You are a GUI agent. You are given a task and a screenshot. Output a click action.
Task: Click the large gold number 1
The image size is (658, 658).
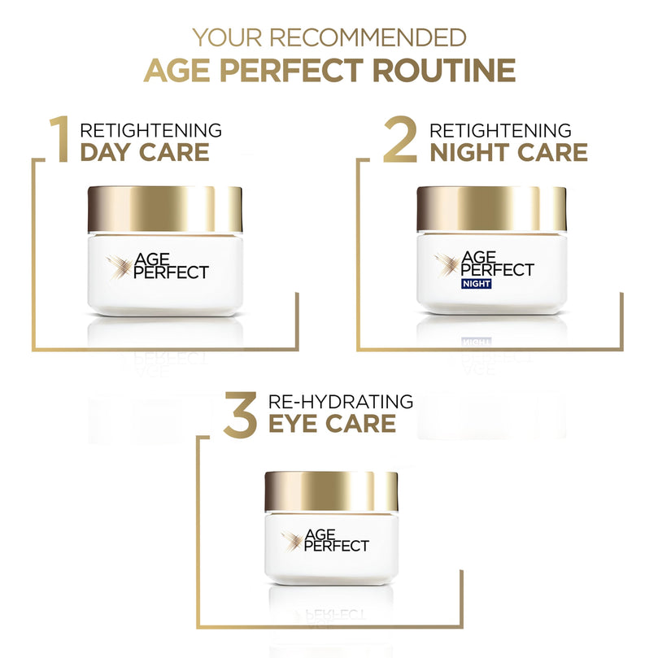[x=59, y=140]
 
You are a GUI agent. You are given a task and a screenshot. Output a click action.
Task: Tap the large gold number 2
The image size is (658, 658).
[x=401, y=140]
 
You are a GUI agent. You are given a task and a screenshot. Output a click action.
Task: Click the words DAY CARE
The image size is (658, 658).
[x=144, y=152]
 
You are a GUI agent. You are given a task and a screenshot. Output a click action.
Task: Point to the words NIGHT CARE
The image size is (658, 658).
[x=508, y=152]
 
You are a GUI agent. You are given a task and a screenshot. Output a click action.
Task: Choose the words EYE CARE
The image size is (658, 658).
[x=332, y=423]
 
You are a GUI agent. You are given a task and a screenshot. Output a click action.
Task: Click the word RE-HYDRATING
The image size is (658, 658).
[x=340, y=401]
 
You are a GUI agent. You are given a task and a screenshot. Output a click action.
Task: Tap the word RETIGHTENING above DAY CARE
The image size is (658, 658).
[x=150, y=130]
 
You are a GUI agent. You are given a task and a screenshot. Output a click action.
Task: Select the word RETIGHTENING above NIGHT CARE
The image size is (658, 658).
[x=500, y=130]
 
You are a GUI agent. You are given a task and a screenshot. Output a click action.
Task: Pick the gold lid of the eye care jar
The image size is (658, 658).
[x=331, y=490]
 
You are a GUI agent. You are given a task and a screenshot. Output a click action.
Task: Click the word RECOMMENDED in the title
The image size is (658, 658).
[x=368, y=37]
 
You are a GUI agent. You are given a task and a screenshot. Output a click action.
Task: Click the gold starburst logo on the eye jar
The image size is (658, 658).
[x=292, y=538]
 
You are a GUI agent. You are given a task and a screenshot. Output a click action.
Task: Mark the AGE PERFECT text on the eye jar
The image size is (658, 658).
[x=336, y=540]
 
